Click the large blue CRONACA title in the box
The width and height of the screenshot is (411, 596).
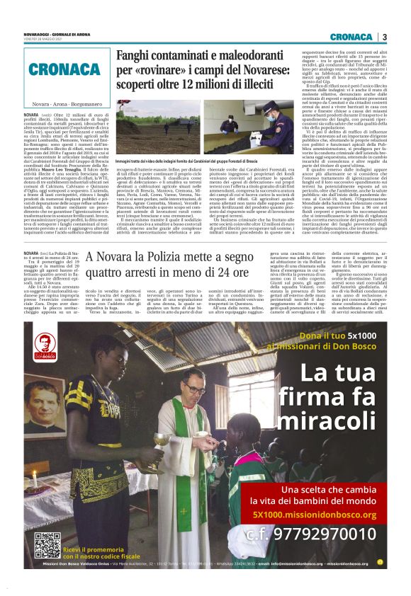click(x=64, y=69)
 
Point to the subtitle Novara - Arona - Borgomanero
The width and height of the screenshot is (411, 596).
click(x=62, y=103)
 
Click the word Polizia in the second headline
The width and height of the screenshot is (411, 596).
click(x=174, y=255)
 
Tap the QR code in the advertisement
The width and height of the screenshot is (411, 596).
click(x=47, y=544)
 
